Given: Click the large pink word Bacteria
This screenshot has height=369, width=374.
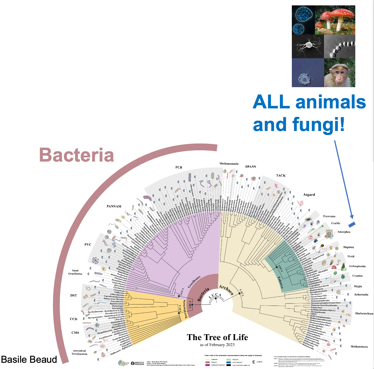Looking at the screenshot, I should [x=76, y=155].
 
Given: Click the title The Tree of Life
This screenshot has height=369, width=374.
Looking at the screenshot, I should [x=217, y=337].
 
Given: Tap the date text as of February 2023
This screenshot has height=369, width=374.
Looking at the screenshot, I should [x=217, y=345].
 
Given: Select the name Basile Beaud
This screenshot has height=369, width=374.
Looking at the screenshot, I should [x=29, y=359].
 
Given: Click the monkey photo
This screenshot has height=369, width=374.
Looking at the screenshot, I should [x=339, y=73].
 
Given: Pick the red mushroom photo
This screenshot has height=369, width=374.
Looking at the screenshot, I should [x=335, y=20].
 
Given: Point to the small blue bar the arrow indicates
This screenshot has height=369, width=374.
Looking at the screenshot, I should [x=352, y=224].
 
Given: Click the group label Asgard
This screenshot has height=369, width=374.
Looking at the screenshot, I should [x=309, y=195].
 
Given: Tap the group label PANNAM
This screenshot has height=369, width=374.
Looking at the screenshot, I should [x=114, y=206].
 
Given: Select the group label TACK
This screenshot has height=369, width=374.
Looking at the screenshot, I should [x=281, y=175].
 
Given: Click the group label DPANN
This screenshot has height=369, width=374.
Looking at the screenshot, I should [x=250, y=167].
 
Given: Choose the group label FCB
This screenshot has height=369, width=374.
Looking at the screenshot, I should [x=178, y=167].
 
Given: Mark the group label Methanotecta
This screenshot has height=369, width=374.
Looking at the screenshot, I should [x=359, y=346].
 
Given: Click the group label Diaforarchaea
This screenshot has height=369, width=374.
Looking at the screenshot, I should [x=364, y=314].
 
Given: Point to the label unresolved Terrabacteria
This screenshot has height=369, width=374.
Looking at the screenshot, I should [x=79, y=352].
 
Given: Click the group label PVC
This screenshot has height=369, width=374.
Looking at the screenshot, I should [x=88, y=244].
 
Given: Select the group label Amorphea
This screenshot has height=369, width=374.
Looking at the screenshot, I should [x=344, y=232].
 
